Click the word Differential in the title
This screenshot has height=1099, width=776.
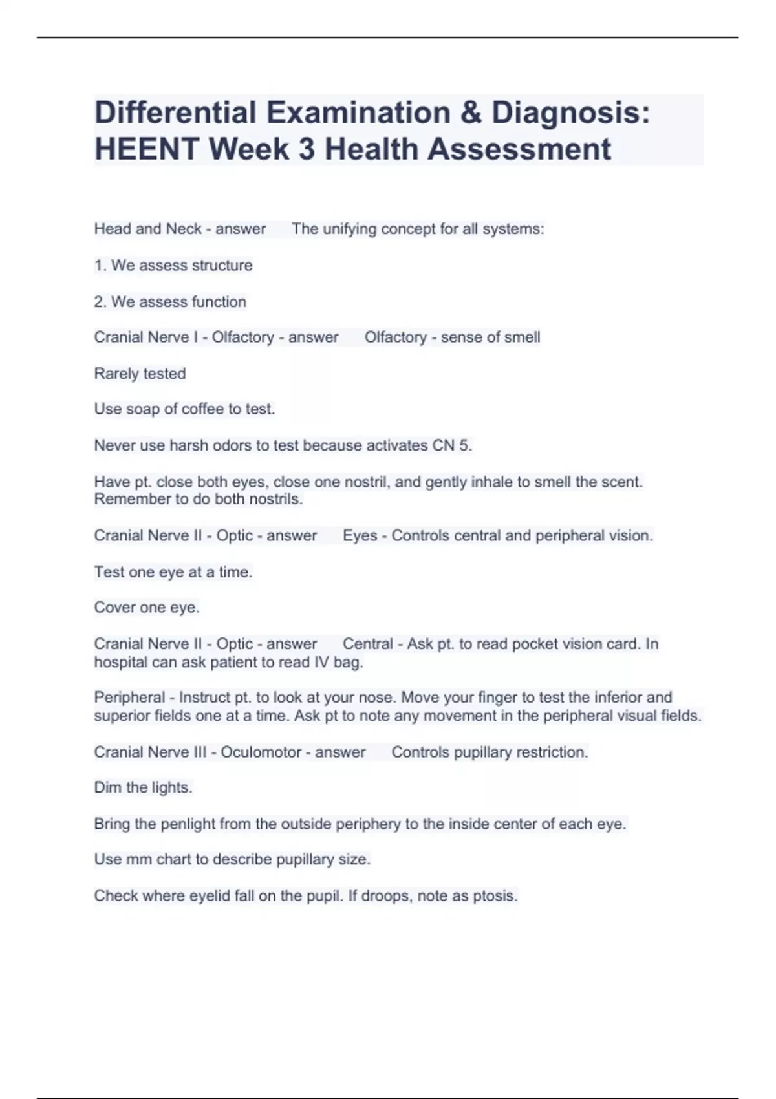176,112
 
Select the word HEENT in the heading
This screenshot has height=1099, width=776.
147,149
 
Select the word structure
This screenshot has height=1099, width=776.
222,265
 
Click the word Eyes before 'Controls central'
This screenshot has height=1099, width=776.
360,536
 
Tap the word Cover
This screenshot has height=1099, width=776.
113,608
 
